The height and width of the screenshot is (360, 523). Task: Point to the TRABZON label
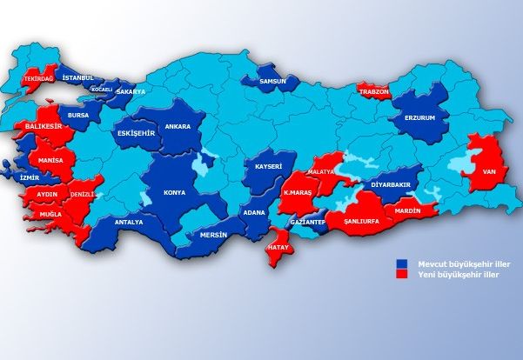pos(373,91)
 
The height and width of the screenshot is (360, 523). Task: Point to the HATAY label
pos(278,247)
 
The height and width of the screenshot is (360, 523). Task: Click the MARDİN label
pos(407,211)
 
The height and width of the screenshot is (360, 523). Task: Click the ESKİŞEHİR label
pos(135,133)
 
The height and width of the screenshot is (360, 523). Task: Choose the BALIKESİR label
pos(42,127)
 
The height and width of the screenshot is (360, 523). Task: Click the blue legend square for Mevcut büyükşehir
pos(402,263)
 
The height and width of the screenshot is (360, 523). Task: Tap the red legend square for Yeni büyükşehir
pos(402,273)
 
